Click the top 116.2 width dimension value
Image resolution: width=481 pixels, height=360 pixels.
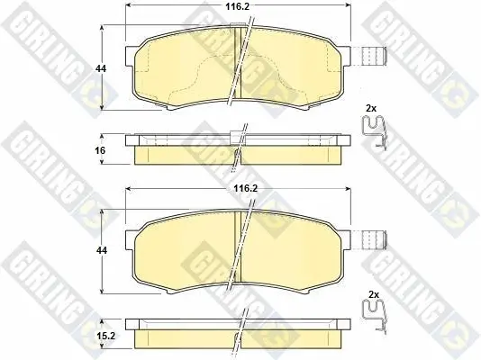tap(238, 6)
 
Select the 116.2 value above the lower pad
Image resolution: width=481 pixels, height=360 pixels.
tap(245, 188)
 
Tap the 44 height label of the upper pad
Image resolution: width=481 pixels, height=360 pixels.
tap(101, 68)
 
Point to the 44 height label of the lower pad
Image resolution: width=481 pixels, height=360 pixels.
tap(102, 250)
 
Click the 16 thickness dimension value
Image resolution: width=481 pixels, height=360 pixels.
tap(100, 150)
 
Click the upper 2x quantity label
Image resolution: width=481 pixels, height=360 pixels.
tap(371, 108)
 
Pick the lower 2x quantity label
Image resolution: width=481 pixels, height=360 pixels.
tap(374, 295)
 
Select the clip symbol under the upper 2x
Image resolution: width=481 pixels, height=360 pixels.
tap(374, 132)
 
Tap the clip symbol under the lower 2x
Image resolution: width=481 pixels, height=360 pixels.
tap(375, 316)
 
